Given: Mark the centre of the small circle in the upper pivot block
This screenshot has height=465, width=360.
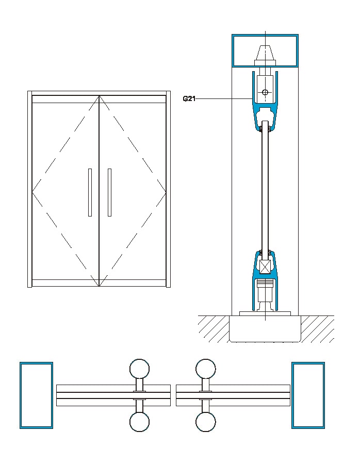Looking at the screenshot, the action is [x=265, y=92].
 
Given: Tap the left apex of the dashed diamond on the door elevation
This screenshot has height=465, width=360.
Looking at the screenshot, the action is [x=32, y=192].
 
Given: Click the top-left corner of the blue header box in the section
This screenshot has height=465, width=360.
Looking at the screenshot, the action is [x=232, y=35].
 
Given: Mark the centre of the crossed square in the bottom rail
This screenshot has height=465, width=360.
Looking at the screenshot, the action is [x=265, y=267].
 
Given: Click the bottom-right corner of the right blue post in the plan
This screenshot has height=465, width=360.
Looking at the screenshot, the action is [x=324, y=428].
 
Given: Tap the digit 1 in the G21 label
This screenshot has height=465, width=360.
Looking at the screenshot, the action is [x=193, y=99].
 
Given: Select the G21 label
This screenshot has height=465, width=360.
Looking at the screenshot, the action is [x=189, y=99].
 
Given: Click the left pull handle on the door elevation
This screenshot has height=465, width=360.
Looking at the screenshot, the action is [x=90, y=192].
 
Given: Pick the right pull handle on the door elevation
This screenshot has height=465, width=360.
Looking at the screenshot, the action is [x=109, y=192].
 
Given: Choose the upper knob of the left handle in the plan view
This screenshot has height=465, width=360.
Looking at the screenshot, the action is [x=139, y=369].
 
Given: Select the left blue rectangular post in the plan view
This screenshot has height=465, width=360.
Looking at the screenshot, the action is [x=36, y=395].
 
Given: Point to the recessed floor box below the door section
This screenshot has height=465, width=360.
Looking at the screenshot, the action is [x=265, y=329].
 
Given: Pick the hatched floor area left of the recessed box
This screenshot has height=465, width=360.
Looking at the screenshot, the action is [x=214, y=329].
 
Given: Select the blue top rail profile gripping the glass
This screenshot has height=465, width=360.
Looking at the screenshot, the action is [x=265, y=101].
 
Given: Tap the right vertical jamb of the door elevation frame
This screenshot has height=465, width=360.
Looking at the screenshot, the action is [x=168, y=189].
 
